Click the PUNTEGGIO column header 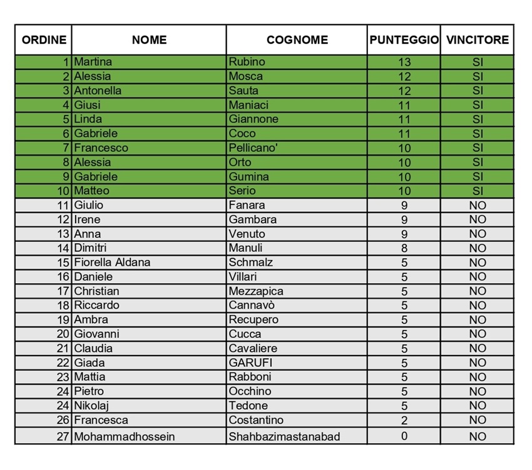click(x=404, y=40)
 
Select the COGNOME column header click(x=297, y=40)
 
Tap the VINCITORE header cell click(x=478, y=40)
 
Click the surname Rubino click(x=247, y=62)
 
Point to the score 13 click(x=404, y=62)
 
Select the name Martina click(x=93, y=62)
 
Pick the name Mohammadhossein click(x=125, y=436)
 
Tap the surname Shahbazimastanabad click(x=284, y=436)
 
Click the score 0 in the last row click(x=404, y=436)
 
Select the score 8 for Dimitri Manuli click(x=404, y=248)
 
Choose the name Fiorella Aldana click(x=112, y=262)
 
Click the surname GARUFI click(x=250, y=362)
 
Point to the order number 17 click(x=63, y=291)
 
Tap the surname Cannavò click(x=252, y=306)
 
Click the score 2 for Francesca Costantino click(x=404, y=420)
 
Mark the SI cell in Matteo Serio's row click(x=478, y=191)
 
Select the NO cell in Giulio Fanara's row click(x=478, y=205)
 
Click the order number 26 click(x=63, y=420)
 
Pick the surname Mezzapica click(x=256, y=291)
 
